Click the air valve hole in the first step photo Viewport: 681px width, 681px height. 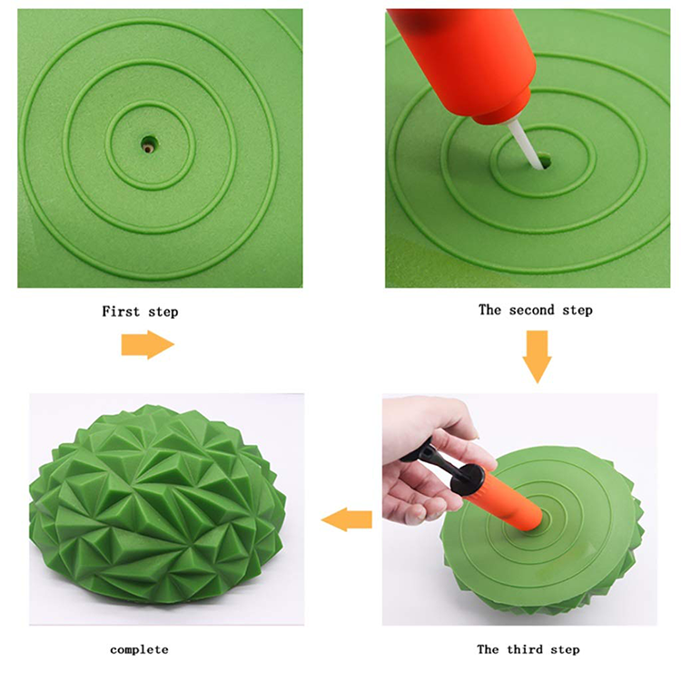(x=150, y=144)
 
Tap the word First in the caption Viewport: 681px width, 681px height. (x=121, y=311)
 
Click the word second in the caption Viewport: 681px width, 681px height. (x=531, y=311)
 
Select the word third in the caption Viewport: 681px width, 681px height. (x=525, y=649)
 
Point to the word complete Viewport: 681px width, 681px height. (x=139, y=650)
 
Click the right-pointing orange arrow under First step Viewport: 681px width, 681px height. (x=148, y=344)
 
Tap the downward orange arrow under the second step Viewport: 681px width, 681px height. (x=538, y=357)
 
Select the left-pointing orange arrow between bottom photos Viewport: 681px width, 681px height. (x=347, y=519)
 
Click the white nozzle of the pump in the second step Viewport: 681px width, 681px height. (x=525, y=143)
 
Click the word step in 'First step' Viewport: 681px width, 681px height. (x=163, y=312)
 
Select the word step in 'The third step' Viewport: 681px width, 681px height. (x=565, y=650)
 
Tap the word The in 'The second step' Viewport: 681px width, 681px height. (x=489, y=310)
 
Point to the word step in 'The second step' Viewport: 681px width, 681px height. (x=577, y=311)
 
